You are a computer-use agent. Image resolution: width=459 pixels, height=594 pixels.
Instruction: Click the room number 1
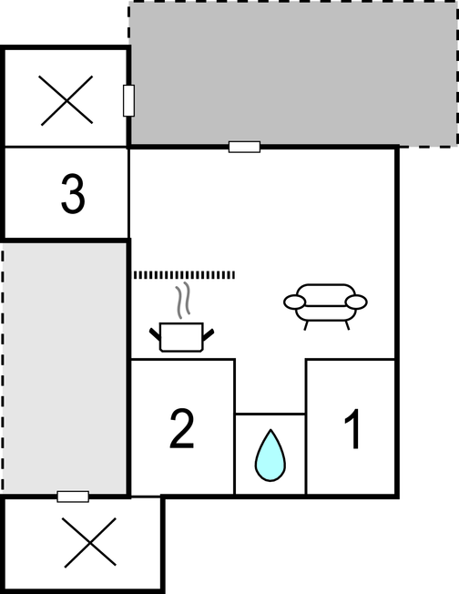click(353, 429)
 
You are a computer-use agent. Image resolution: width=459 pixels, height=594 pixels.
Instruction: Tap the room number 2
click(182, 429)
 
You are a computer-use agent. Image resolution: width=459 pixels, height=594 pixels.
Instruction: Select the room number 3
click(73, 193)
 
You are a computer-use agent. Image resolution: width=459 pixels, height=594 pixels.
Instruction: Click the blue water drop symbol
click(270, 455)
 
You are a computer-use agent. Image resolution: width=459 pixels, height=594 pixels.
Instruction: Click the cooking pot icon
click(182, 336)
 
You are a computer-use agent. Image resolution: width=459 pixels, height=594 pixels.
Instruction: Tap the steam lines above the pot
click(183, 300)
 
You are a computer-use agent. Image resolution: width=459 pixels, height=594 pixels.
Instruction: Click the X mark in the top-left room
click(66, 100)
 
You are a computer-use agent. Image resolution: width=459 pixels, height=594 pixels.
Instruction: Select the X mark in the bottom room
click(90, 542)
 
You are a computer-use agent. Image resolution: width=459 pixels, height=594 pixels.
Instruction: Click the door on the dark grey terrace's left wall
click(128, 100)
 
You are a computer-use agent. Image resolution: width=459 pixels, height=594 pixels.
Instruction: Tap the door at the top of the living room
click(244, 147)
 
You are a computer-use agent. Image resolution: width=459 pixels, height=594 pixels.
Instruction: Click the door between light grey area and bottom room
click(73, 497)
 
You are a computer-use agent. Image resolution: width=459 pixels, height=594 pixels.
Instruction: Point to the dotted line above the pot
click(185, 274)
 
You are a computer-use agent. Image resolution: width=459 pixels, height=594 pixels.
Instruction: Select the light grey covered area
click(65, 367)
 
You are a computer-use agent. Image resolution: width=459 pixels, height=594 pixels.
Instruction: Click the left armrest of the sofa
click(294, 302)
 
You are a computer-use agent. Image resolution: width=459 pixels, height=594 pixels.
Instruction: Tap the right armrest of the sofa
click(356, 302)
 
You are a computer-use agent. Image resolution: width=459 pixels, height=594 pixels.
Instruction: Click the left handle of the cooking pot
click(155, 333)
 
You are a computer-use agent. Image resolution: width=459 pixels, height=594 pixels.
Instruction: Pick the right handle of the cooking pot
click(209, 334)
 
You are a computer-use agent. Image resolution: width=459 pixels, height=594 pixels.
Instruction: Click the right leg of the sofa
click(346, 325)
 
